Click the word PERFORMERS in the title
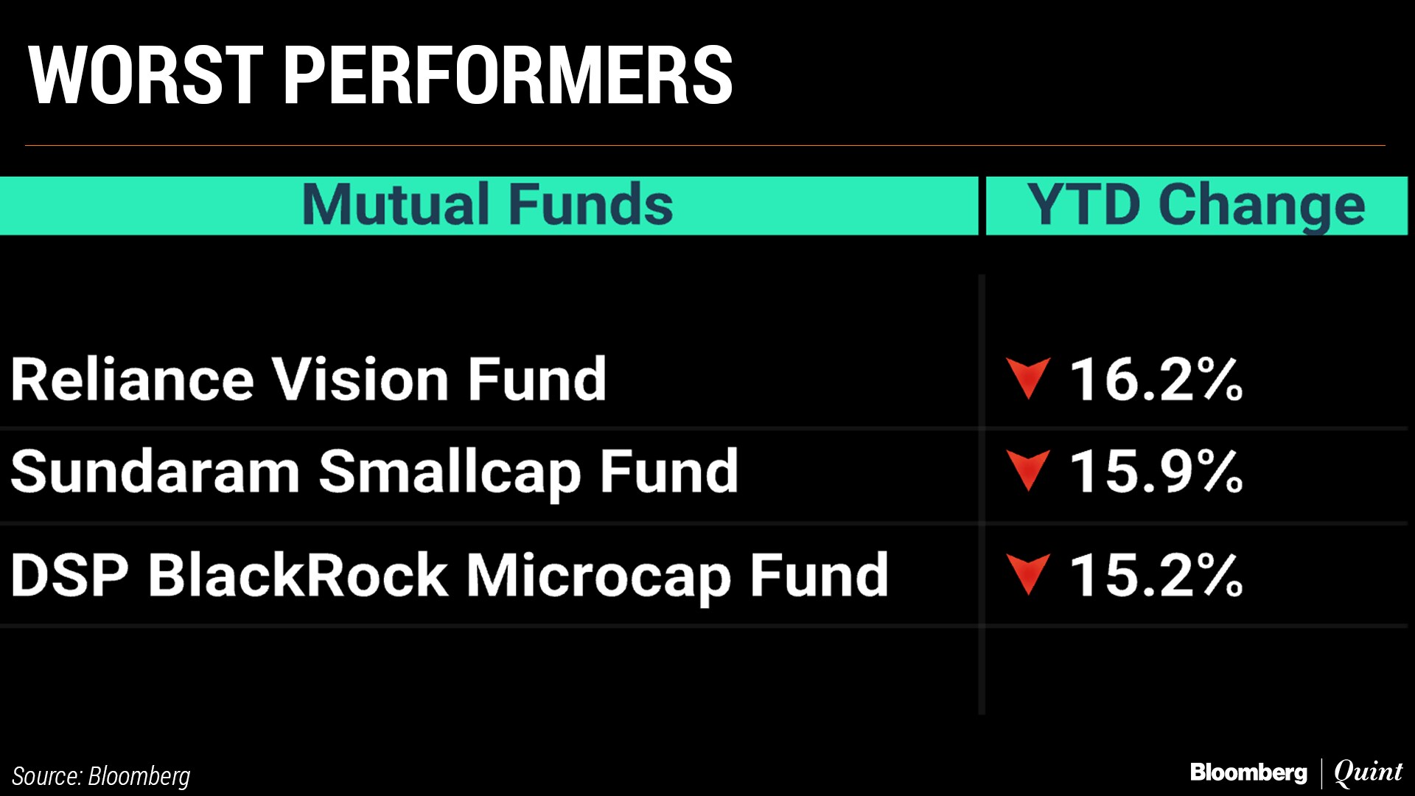tap(508, 75)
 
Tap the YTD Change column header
tap(1196, 206)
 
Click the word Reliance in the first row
tap(133, 380)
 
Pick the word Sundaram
tap(155, 471)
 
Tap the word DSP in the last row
tap(70, 575)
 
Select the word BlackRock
tap(298, 574)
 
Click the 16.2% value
tap(1156, 380)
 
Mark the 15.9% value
tap(1156, 471)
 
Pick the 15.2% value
tap(1156, 575)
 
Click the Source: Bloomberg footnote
tap(101, 776)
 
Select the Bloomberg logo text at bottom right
tap(1248, 772)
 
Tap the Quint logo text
tap(1369, 772)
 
